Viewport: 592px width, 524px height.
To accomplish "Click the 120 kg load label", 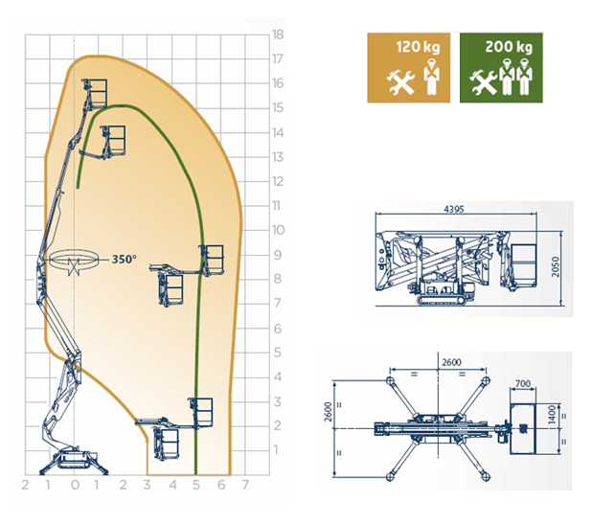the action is (x=418, y=47).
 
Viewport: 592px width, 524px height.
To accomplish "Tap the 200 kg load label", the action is (x=509, y=47).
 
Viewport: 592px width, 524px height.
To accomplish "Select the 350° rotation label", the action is (x=125, y=260).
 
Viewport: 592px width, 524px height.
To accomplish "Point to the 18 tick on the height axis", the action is (x=278, y=34).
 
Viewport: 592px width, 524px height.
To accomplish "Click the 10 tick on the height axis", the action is (x=278, y=230).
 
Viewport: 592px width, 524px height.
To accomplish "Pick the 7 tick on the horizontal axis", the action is (x=245, y=485).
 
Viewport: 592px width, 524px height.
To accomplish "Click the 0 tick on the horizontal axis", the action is (x=75, y=485).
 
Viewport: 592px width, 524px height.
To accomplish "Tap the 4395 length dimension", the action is (x=454, y=209).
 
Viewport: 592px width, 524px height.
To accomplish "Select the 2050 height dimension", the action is (x=556, y=267).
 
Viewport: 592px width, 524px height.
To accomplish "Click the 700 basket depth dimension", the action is (x=523, y=384).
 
